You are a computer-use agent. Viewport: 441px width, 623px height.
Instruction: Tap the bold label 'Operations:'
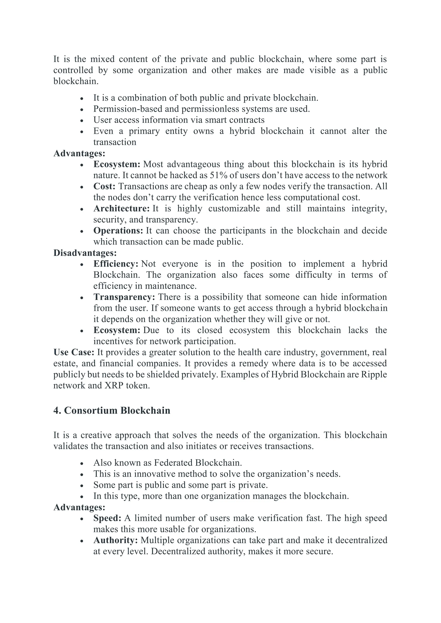[x=118, y=231]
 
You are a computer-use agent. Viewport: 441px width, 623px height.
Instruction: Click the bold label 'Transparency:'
[x=124, y=297]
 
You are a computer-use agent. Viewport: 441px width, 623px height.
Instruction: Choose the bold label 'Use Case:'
[x=74, y=352]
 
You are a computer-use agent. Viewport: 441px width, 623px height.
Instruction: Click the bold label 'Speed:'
[x=107, y=518]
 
